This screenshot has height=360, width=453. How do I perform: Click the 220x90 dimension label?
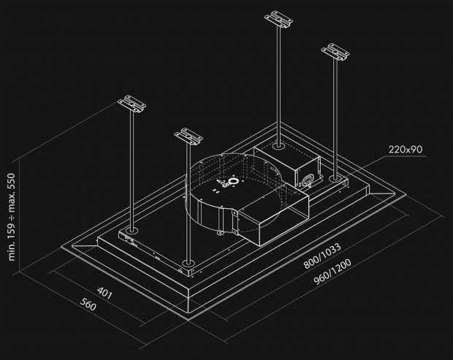[x=406, y=150]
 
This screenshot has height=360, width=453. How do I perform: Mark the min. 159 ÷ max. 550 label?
[x=12, y=219]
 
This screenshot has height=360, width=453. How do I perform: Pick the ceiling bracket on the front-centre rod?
[x=189, y=136]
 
